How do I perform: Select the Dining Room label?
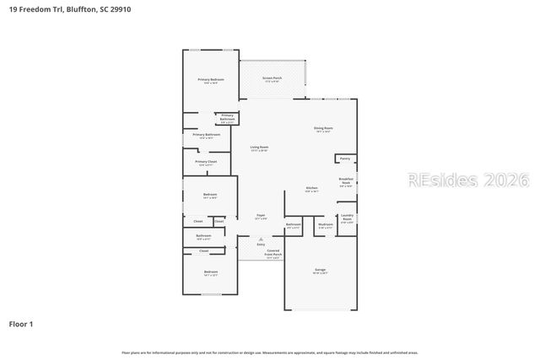point(324,129)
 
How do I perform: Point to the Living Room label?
point(259,148)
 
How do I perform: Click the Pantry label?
point(344,159)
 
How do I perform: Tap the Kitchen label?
point(311,189)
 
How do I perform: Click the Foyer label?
point(261,217)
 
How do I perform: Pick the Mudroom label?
point(325,225)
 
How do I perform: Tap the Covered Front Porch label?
point(273,253)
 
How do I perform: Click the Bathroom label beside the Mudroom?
point(294,225)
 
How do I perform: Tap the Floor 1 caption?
point(21,323)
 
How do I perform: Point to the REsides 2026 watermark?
point(467,180)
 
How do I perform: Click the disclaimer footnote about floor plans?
point(270,352)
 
